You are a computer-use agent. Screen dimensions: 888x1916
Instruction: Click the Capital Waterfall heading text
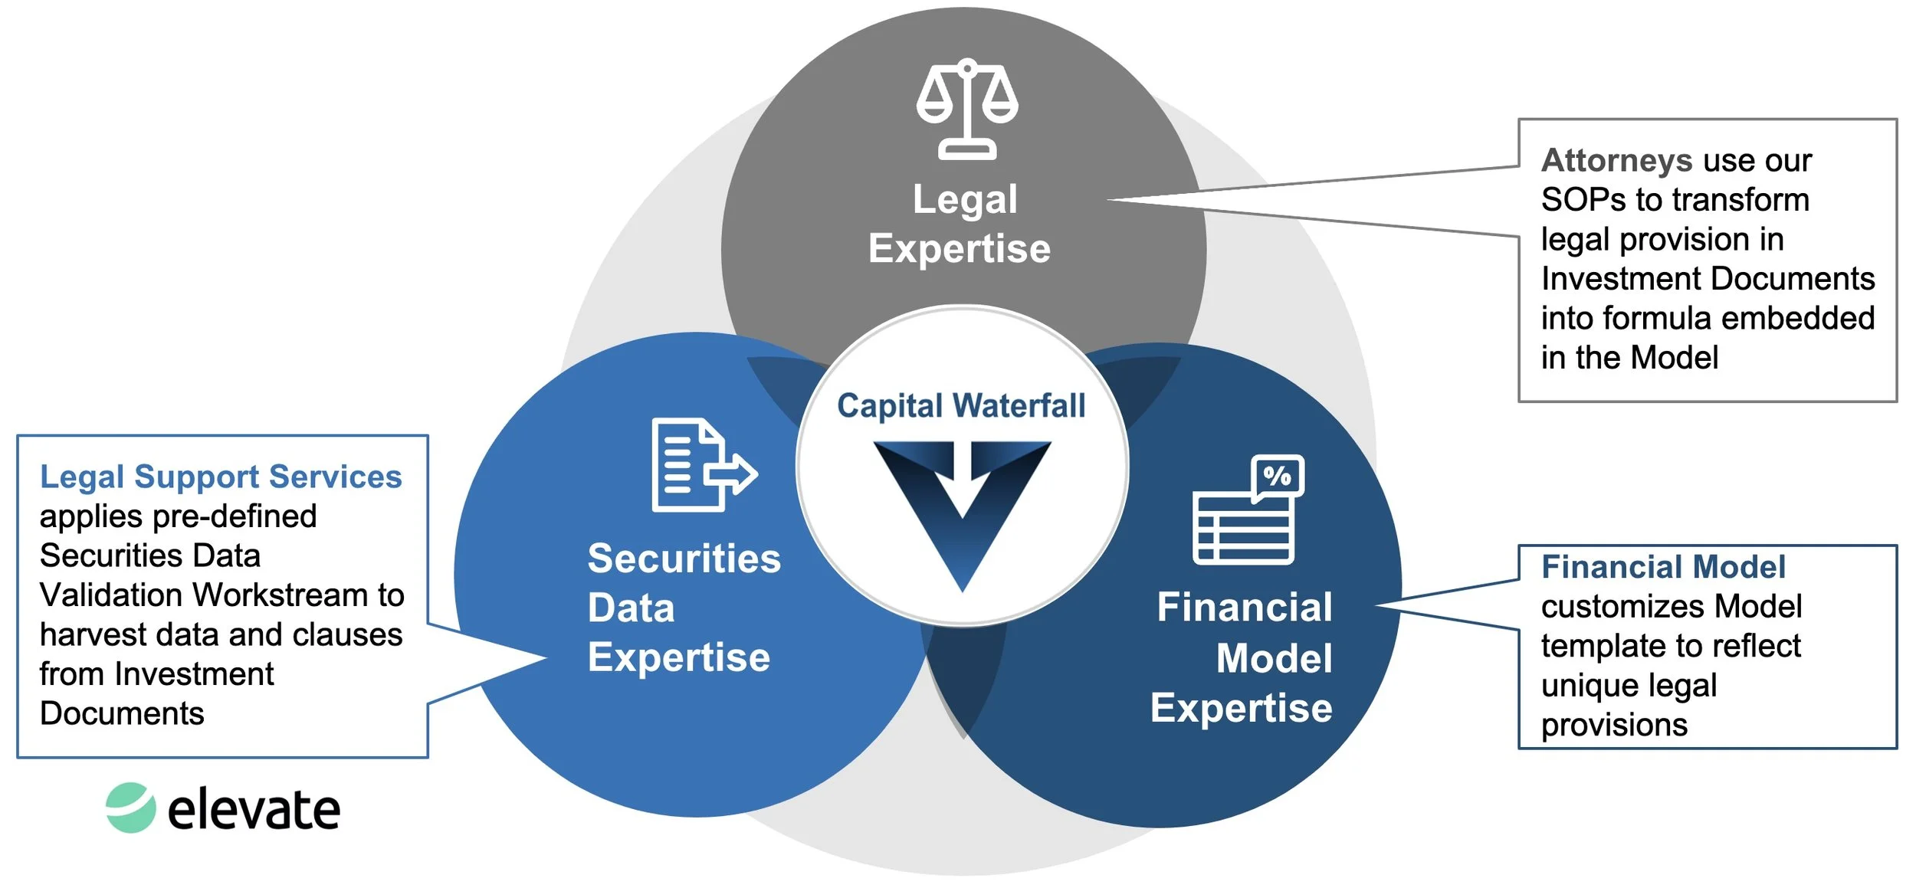(961, 405)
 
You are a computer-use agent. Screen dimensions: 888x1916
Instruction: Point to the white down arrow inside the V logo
(963, 475)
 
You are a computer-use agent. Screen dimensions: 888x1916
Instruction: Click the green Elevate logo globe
(130, 808)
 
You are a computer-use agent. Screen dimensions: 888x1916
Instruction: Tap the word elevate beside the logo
(254, 810)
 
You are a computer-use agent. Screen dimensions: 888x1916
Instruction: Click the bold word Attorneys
(1616, 160)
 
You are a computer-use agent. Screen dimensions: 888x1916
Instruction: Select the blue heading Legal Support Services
(221, 477)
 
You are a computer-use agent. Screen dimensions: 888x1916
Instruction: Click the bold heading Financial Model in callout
(1663, 567)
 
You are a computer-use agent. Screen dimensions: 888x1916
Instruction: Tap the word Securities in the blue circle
(684, 559)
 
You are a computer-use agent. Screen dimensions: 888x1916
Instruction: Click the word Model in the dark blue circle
(1274, 659)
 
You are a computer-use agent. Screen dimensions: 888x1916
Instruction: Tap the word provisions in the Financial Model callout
(1614, 725)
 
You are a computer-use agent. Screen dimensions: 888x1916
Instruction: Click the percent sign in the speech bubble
(1277, 476)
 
